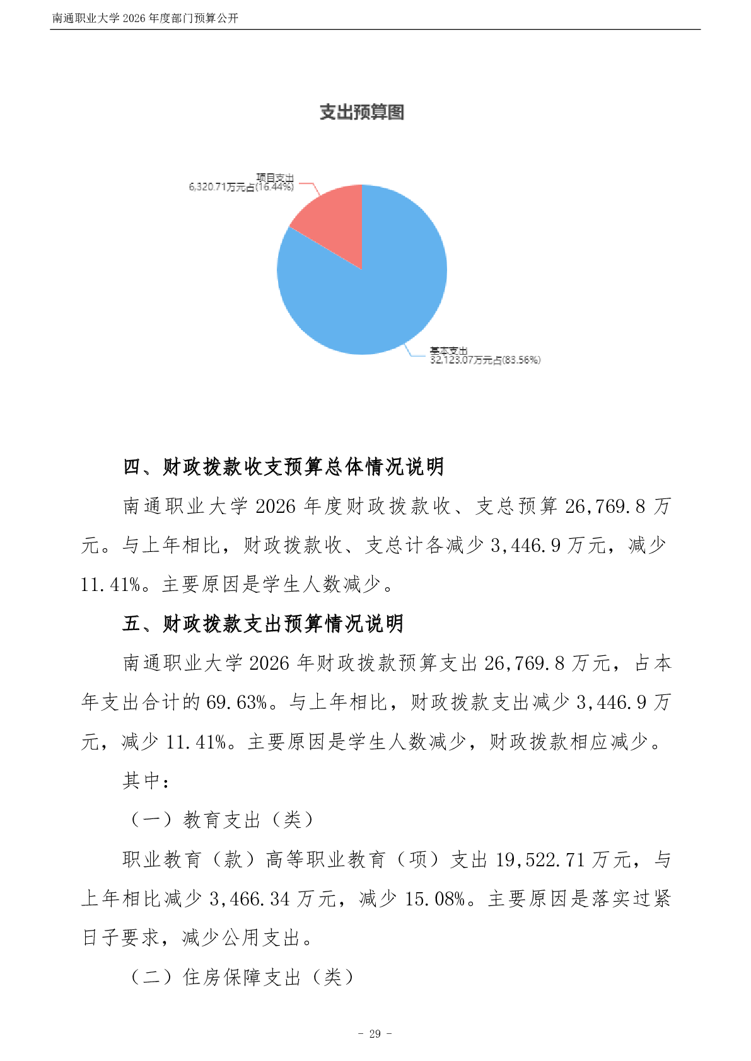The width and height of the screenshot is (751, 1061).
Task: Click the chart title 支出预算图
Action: [x=361, y=112]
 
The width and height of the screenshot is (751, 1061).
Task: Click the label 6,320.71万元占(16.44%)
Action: [x=241, y=187]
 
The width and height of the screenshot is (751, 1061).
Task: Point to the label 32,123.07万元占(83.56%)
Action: [x=485, y=360]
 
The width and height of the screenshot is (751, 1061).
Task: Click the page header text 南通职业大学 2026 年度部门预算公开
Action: [x=145, y=18]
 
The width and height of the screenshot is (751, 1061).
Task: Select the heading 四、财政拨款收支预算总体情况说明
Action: [x=283, y=467]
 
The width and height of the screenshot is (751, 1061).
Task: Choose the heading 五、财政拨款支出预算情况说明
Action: [x=263, y=624]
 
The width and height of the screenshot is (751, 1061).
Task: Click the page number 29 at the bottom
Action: [x=375, y=1034]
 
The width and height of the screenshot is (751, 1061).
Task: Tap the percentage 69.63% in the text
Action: [x=237, y=703]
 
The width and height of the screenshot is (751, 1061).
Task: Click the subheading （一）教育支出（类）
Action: [x=222, y=820]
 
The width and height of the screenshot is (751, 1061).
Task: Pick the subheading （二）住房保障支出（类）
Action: [x=242, y=977]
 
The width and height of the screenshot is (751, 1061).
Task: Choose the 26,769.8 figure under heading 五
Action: [x=524, y=663]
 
